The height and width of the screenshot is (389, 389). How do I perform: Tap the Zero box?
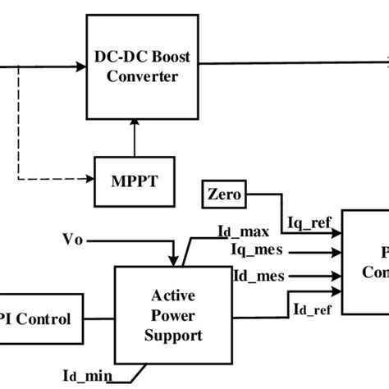(223, 195)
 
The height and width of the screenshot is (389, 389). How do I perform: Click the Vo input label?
(72, 240)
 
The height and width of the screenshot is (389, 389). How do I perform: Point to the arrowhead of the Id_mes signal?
(336, 276)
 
